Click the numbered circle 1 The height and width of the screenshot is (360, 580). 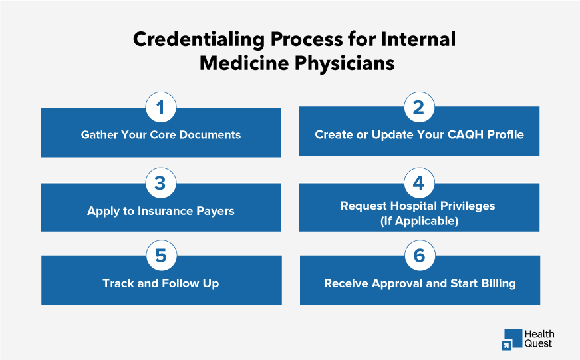click(160, 108)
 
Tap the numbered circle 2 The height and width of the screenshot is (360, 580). click(419, 107)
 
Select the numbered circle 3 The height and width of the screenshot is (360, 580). click(160, 183)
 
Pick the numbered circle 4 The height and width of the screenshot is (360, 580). click(419, 182)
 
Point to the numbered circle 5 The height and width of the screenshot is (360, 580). click(160, 256)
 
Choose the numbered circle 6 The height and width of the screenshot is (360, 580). click(419, 256)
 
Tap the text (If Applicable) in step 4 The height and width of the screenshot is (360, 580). click(419, 221)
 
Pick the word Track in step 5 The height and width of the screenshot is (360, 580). click(118, 283)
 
